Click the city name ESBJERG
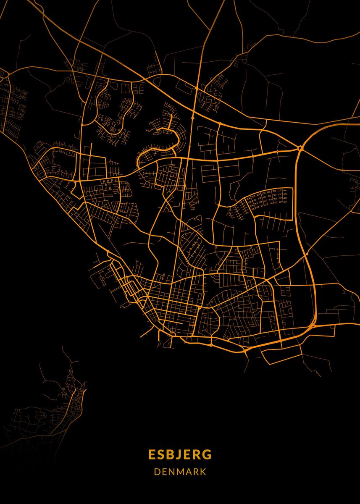(180, 455)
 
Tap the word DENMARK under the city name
(180, 472)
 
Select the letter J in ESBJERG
(181, 455)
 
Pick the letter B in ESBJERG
(171, 455)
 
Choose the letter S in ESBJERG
(161, 455)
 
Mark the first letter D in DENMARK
(157, 472)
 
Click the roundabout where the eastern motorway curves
(300, 148)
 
